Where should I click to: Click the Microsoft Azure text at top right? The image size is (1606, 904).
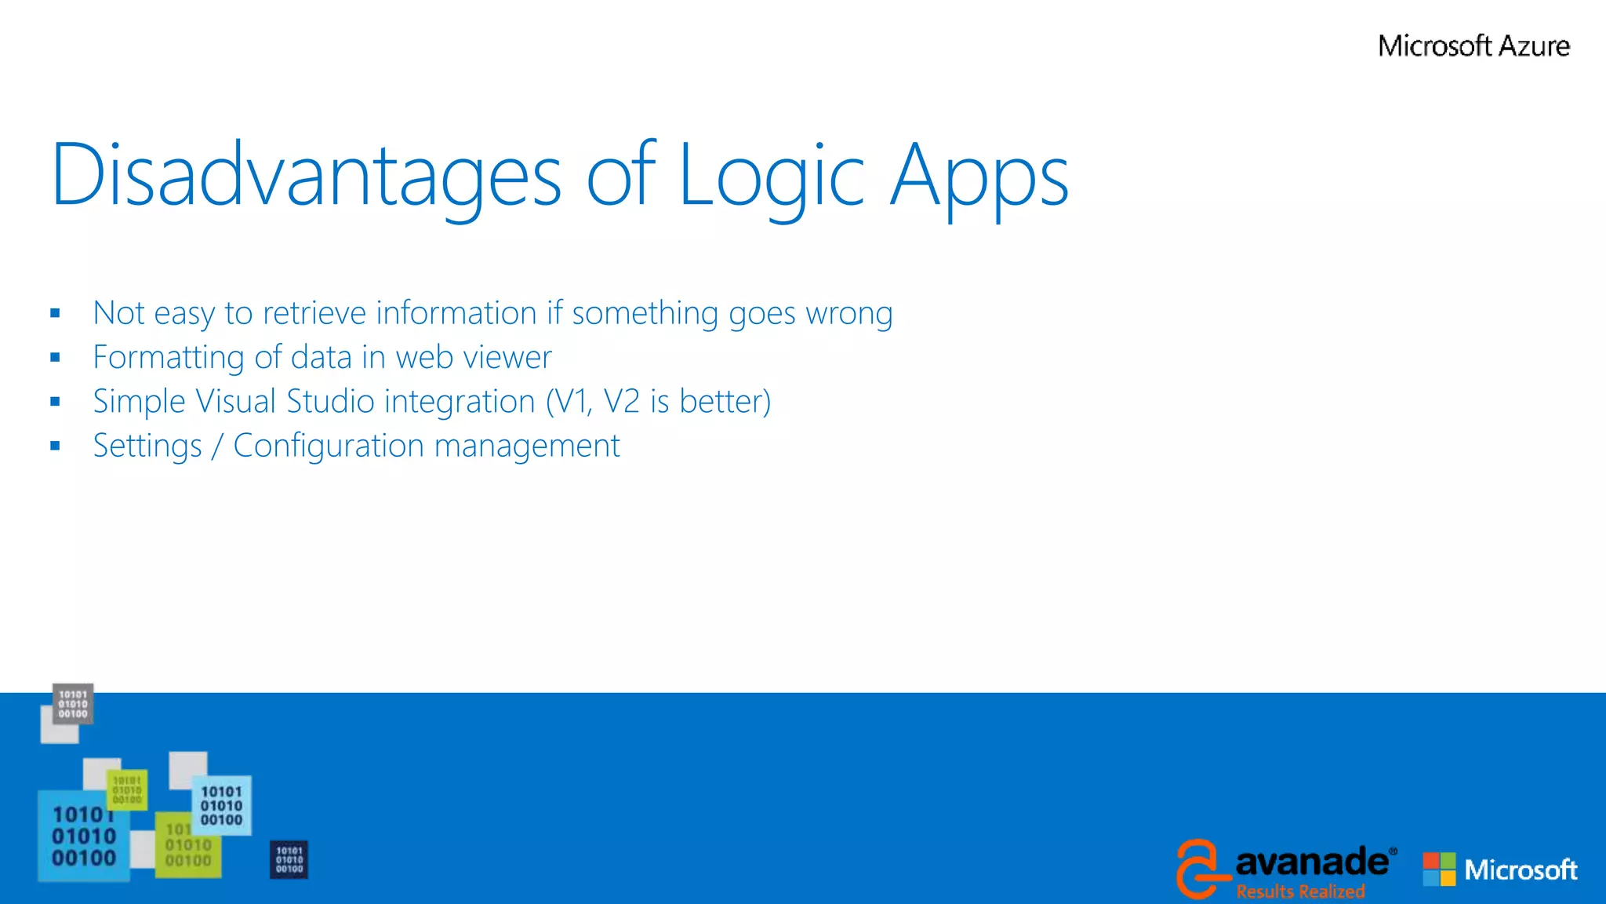1473,46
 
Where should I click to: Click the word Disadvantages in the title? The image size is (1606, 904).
306,176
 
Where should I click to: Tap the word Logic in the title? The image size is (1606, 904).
771,176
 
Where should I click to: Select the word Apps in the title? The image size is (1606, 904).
979,176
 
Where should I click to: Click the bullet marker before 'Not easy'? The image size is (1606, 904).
55,313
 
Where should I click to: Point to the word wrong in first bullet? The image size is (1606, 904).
849,313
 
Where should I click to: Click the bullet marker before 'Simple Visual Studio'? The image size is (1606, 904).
55,402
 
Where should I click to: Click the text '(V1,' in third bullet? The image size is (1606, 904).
569,402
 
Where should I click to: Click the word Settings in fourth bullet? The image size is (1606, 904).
147,446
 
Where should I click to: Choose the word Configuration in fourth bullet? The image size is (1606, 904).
329,446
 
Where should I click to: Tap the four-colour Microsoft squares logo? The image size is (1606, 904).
1439,869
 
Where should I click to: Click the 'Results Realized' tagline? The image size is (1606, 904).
1300,891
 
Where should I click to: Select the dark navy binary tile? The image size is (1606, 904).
289,859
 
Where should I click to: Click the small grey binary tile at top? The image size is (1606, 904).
73,704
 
